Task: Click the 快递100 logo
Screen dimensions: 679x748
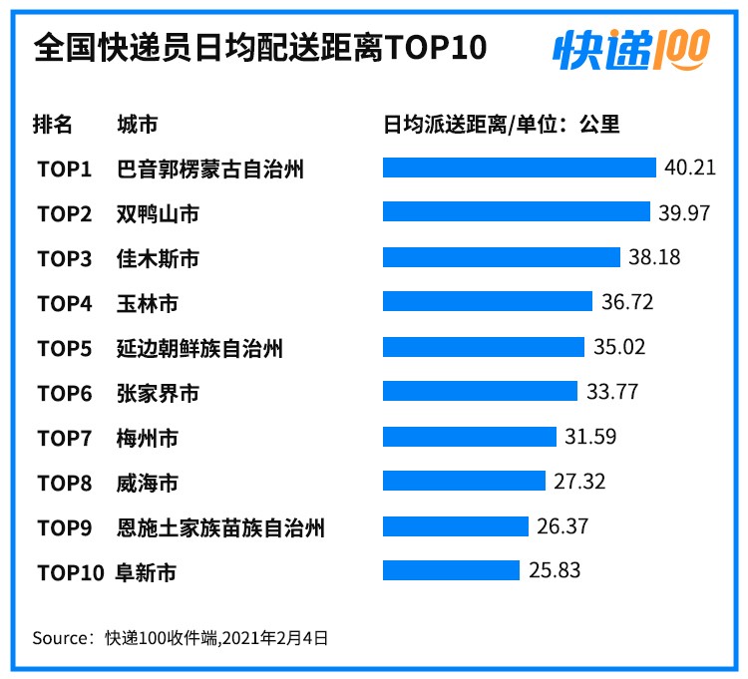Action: [x=630, y=47]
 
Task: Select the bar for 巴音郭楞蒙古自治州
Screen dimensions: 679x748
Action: [x=519, y=168]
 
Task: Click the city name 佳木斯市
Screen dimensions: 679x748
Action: [x=158, y=258]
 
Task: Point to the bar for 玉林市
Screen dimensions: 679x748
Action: [x=489, y=302]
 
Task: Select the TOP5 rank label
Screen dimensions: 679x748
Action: [x=65, y=348]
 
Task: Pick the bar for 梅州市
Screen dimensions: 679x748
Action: [x=469, y=437]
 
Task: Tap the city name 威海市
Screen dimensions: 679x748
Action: [x=148, y=483]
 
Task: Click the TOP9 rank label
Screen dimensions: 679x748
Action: [x=65, y=527]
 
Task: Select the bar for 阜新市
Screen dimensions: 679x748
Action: [x=451, y=570]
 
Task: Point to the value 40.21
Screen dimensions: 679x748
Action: [x=690, y=167]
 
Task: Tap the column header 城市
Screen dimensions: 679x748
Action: [x=138, y=124]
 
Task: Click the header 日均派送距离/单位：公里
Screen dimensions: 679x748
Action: [x=502, y=124]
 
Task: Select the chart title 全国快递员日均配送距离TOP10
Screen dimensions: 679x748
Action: [x=260, y=47]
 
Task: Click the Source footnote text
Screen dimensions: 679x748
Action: [x=181, y=636]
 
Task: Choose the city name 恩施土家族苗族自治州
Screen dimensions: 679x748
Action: [x=220, y=527]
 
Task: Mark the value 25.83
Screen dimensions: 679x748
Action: [x=555, y=571]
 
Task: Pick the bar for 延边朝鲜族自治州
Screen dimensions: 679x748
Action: [x=483, y=347]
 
